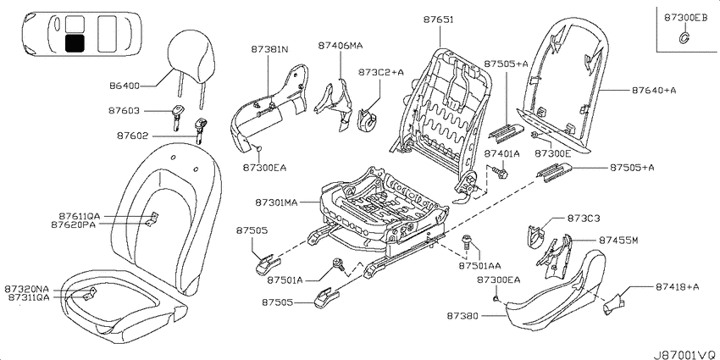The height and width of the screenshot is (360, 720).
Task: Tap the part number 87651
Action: click(x=439, y=19)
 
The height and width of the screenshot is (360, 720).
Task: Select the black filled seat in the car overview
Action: click(x=75, y=42)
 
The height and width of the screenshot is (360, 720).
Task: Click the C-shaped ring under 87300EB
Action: click(x=683, y=39)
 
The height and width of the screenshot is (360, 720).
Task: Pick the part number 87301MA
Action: click(x=277, y=202)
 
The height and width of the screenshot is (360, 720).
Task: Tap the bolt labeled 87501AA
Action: click(x=467, y=242)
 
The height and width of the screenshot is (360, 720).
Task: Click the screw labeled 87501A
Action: click(x=340, y=265)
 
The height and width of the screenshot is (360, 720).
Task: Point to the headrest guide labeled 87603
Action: click(x=177, y=117)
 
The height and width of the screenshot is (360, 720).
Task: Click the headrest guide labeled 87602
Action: click(x=200, y=130)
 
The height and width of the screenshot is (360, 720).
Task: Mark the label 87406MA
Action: click(x=341, y=45)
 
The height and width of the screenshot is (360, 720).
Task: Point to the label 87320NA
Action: click(x=26, y=290)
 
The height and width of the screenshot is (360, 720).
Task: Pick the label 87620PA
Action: click(x=74, y=224)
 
